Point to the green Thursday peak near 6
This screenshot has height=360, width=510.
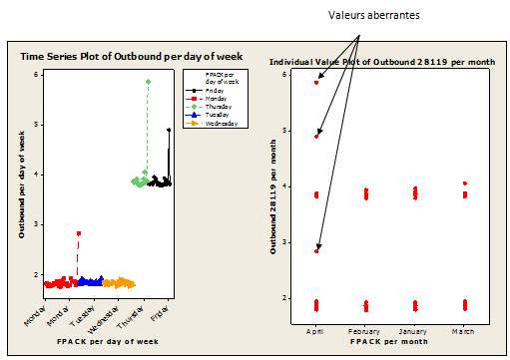tap(148, 82)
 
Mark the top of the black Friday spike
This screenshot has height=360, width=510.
tap(169, 130)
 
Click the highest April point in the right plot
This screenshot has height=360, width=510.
tap(316, 82)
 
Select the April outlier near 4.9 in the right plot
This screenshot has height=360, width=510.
tap(316, 136)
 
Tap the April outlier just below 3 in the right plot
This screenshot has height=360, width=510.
tap(316, 251)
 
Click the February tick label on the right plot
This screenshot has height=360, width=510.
tap(365, 329)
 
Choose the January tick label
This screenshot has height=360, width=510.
tap(414, 329)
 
